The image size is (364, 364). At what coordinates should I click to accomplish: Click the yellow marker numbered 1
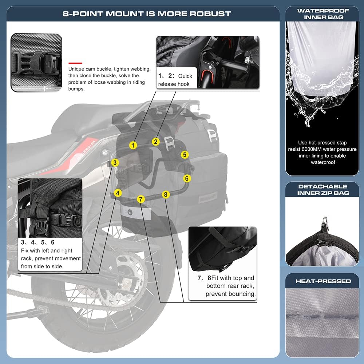pyautogui.click(x=133, y=145)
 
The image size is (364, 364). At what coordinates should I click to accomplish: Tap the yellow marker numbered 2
pyautogui.click(x=156, y=142)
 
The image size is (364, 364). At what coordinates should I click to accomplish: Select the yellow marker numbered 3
pyautogui.click(x=115, y=163)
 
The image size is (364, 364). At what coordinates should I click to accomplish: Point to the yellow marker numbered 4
pyautogui.click(x=118, y=193)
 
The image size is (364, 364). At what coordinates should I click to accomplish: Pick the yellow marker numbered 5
pyautogui.click(x=185, y=155)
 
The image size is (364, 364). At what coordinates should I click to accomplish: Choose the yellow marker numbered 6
pyautogui.click(x=187, y=178)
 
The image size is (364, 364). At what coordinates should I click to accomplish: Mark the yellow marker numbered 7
pyautogui.click(x=141, y=199)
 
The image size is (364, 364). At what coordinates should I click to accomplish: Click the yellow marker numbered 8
pyautogui.click(x=166, y=194)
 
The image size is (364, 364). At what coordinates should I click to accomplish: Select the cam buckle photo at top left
pyautogui.click(x=36, y=62)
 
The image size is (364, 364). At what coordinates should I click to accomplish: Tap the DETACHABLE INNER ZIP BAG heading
pyautogui.click(x=323, y=189)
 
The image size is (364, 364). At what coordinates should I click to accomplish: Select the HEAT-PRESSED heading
pyautogui.click(x=323, y=281)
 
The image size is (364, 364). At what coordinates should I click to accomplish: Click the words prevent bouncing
pyautogui.click(x=230, y=294)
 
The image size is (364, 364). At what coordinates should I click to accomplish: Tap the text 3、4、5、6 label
pyautogui.click(x=37, y=242)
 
